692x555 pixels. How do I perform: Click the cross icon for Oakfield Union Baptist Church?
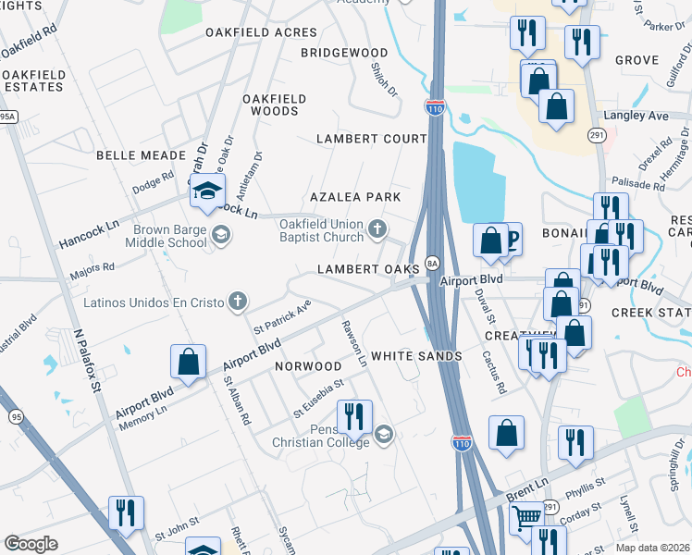tap(376, 228)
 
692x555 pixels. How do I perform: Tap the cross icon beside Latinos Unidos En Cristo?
tap(238, 301)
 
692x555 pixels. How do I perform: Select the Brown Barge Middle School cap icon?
tap(220, 235)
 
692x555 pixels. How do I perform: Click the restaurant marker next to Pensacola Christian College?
tap(352, 417)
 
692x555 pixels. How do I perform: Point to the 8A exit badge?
tap(431, 263)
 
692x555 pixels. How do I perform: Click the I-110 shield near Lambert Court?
tap(434, 107)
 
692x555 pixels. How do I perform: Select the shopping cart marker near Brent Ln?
tap(526, 516)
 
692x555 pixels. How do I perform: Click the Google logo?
tap(31, 544)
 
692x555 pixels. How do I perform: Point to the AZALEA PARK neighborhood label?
tap(355, 197)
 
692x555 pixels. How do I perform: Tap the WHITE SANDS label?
tap(415, 356)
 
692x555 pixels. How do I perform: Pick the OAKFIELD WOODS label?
tap(271, 105)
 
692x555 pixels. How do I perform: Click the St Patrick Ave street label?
tap(283, 316)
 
